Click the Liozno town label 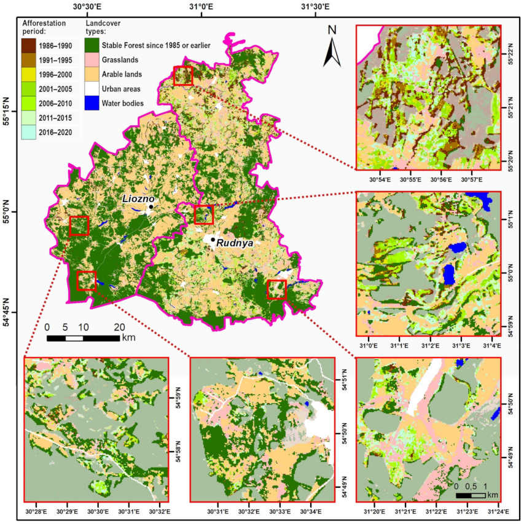pyautogui.click(x=138, y=199)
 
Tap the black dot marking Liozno pyautogui.click(x=151, y=207)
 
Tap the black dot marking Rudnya pyautogui.click(x=213, y=240)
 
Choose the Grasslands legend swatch pyautogui.click(x=93, y=60)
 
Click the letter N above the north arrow pyautogui.click(x=332, y=29)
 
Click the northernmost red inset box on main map pyautogui.click(x=183, y=76)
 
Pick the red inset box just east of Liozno pyautogui.click(x=204, y=215)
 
